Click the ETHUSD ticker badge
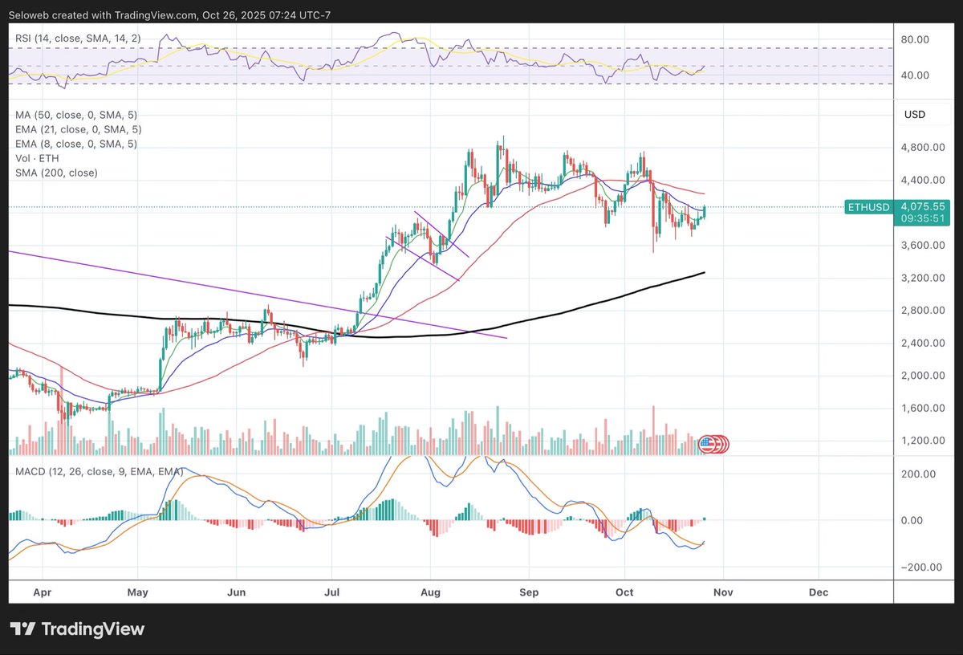pyautogui.click(x=868, y=207)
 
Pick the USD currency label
pyautogui.click(x=915, y=115)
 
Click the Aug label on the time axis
pyautogui.click(x=430, y=592)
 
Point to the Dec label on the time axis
pyautogui.click(x=819, y=592)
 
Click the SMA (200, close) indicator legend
pyautogui.click(x=56, y=173)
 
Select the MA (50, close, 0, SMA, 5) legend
pyautogui.click(x=76, y=115)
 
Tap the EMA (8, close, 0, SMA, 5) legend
pyautogui.click(x=76, y=144)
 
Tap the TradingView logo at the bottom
pyautogui.click(x=77, y=629)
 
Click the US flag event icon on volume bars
pyautogui.click(x=708, y=443)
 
